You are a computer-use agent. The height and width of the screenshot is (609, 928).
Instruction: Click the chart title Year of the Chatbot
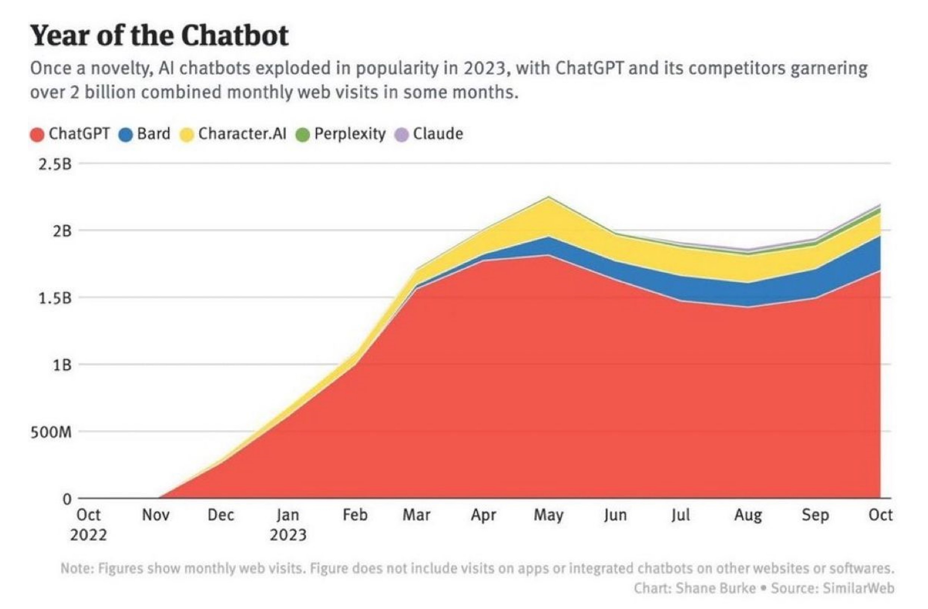coord(159,36)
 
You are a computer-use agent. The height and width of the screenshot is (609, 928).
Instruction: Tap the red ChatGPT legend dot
coord(37,135)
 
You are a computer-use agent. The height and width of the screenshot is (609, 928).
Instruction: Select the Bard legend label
coord(154,134)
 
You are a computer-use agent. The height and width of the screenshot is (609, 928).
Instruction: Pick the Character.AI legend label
coord(242,134)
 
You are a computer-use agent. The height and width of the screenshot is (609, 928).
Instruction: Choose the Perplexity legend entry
coord(349,134)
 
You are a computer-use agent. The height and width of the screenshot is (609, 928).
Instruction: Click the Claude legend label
coord(438,134)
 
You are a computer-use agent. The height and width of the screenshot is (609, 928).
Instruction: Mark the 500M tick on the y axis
coord(51,432)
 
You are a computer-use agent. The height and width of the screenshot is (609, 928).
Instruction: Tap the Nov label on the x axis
coord(156,515)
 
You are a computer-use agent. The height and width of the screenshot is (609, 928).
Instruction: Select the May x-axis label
coord(549,515)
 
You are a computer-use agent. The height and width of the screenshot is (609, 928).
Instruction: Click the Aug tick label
coord(748,515)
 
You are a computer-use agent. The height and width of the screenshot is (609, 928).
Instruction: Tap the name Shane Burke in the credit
coord(715,588)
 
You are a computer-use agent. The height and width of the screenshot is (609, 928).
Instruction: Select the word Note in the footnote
coord(76,568)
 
